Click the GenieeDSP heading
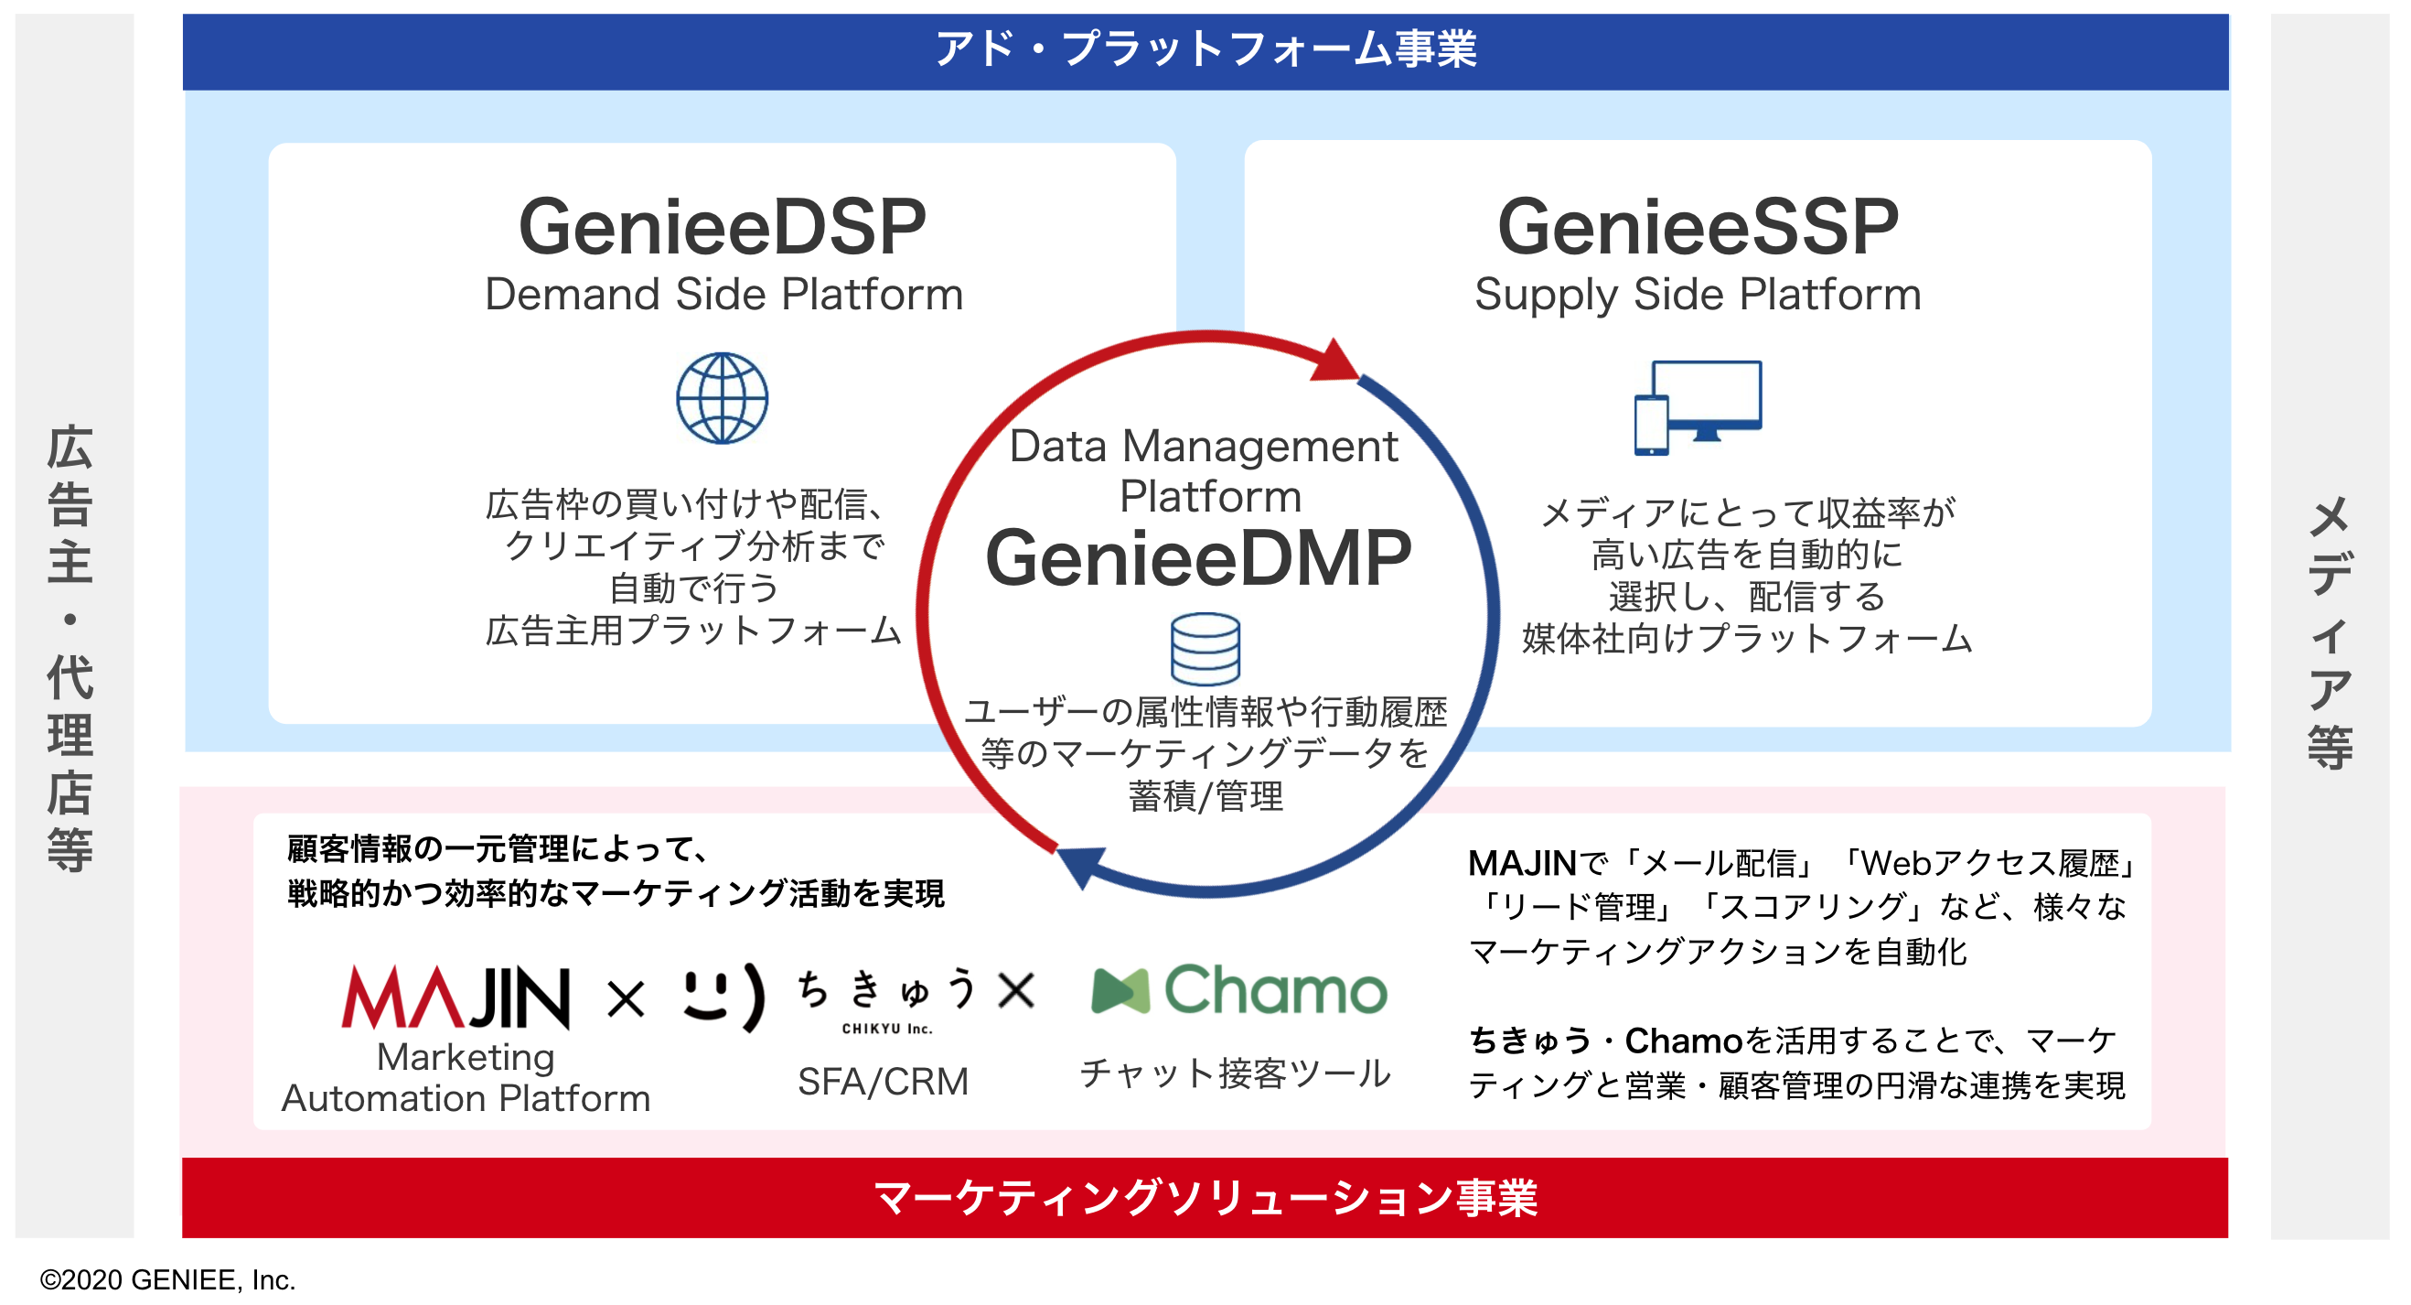[722, 228]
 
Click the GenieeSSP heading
[1698, 228]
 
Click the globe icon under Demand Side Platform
[723, 398]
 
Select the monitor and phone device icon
[1698, 407]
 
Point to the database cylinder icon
[1205, 649]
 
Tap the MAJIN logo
[455, 998]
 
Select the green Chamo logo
[1239, 990]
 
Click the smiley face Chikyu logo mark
[723, 996]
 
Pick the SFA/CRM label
[883, 1083]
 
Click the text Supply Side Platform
[1698, 295]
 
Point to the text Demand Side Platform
[723, 295]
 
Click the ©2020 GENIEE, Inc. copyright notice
[167, 1279]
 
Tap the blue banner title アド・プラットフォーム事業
[1205, 49]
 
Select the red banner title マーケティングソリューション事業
[1205, 1198]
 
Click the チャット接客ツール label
[1236, 1073]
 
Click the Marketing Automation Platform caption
[466, 1077]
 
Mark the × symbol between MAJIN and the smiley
[627, 998]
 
